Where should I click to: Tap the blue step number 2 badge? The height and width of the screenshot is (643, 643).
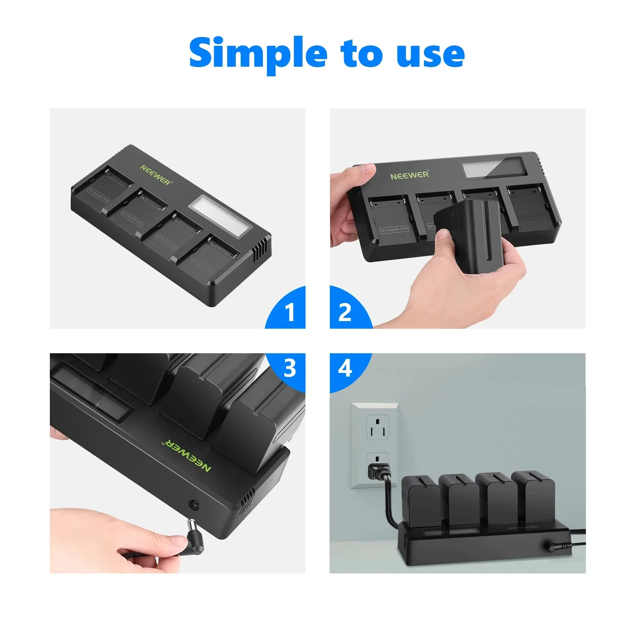pyautogui.click(x=345, y=311)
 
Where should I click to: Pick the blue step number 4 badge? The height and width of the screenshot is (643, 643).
pyautogui.click(x=345, y=368)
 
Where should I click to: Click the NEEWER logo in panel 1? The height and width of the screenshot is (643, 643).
pyautogui.click(x=156, y=174)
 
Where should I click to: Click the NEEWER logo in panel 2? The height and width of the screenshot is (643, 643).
pyautogui.click(x=410, y=175)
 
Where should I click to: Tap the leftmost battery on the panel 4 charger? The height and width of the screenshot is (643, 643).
pyautogui.click(x=419, y=498)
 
